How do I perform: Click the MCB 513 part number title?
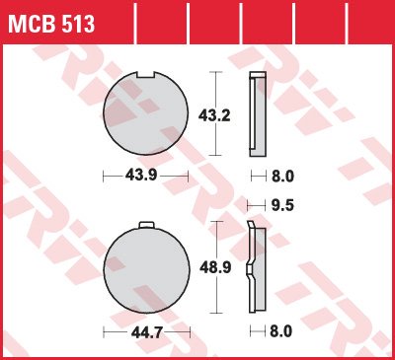pos(51,24)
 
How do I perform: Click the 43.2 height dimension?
pos(214,115)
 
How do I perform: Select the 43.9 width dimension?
pos(141,176)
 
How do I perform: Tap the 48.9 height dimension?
pos(215,267)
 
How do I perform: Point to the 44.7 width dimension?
pos(147,332)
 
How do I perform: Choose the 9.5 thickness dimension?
pos(282,205)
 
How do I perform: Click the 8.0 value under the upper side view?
pos(282,177)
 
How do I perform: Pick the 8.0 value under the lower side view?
pos(280,331)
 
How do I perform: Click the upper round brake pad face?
pos(146,112)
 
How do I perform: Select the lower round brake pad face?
pos(147,268)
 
